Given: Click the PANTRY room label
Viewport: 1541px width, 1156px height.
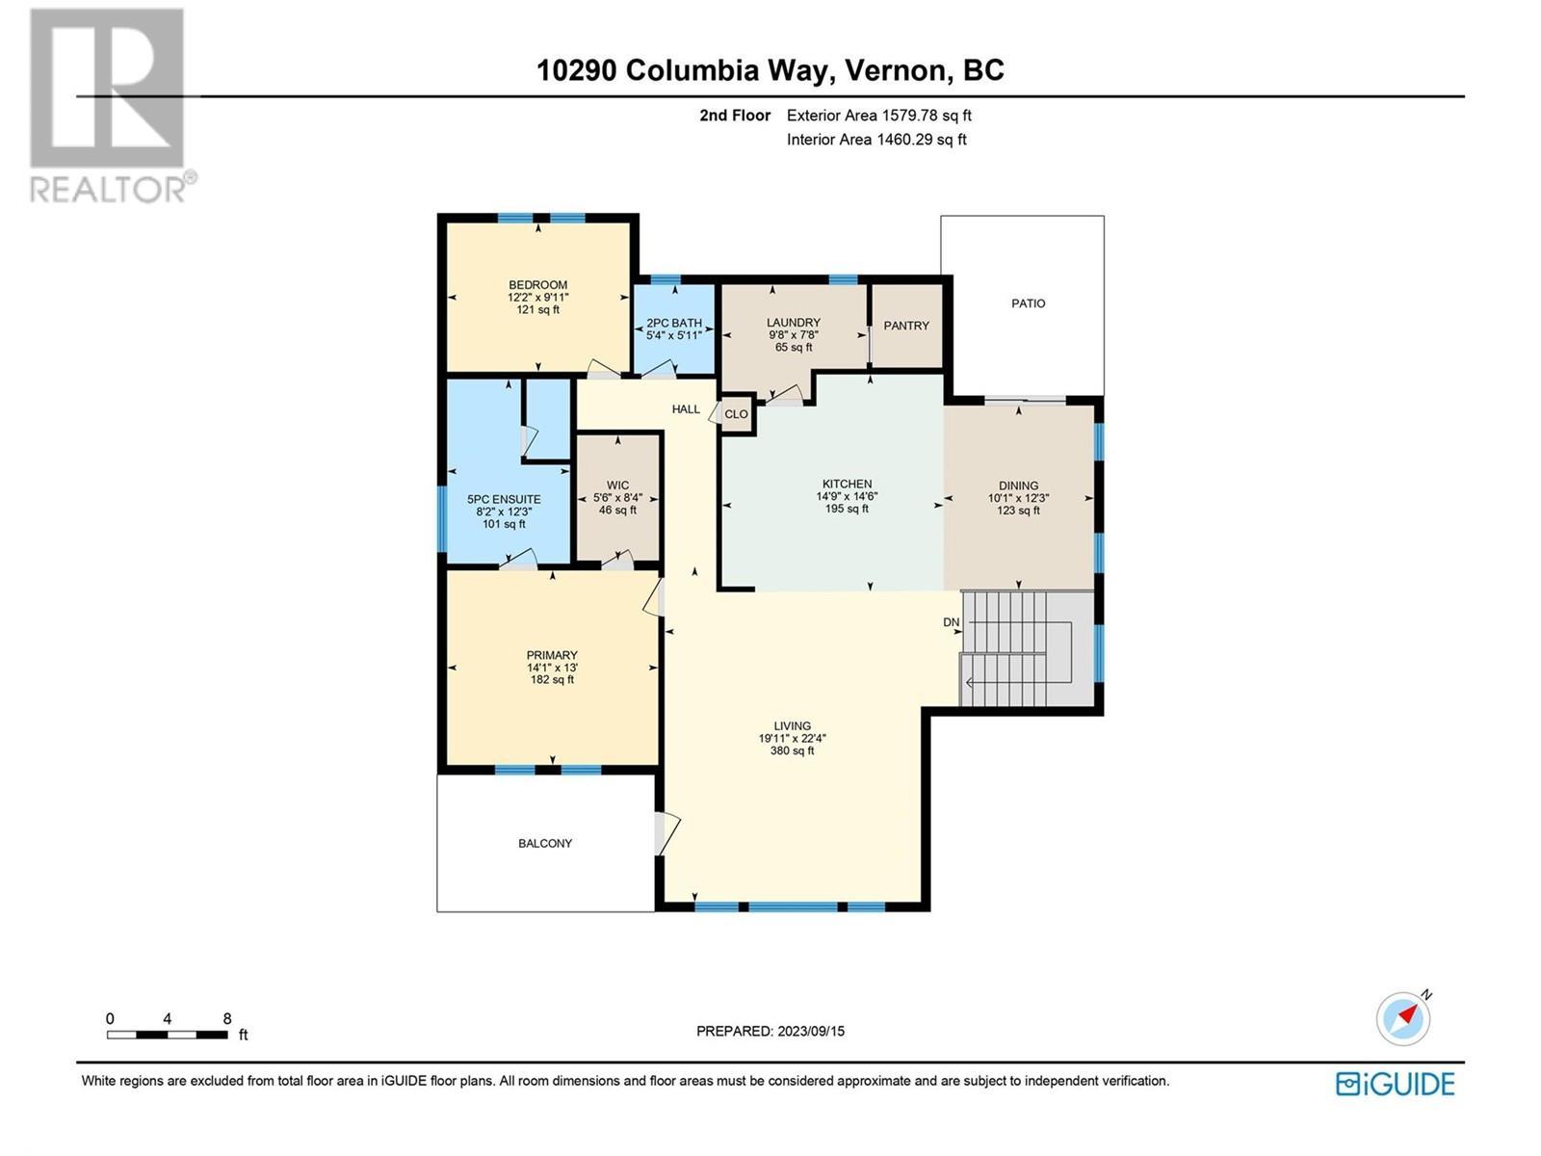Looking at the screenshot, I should (x=906, y=326).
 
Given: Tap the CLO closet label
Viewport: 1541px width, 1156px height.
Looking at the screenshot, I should (x=736, y=414).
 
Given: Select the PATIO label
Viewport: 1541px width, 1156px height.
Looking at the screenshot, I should (x=1028, y=303).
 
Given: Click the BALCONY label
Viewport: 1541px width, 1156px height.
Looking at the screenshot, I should (x=545, y=843).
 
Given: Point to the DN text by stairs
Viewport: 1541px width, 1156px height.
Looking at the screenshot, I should (x=951, y=622).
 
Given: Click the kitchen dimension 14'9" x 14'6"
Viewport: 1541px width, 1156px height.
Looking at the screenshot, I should (x=847, y=496).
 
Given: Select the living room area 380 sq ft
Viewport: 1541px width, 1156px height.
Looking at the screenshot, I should (x=792, y=750).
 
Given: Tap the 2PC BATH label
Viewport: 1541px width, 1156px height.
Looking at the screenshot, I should (x=674, y=323).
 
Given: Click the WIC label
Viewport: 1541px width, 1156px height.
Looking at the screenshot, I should (x=617, y=486).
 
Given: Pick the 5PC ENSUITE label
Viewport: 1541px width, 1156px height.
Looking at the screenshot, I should (x=504, y=499).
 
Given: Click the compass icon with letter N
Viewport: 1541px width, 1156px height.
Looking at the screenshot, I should (x=1403, y=1018).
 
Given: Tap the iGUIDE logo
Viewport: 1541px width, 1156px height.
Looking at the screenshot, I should (x=1395, y=1084).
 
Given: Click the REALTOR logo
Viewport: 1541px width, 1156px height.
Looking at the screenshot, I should (x=108, y=106).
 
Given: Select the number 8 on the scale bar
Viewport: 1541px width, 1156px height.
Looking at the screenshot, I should (x=227, y=1018).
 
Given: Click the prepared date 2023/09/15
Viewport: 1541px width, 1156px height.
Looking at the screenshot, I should (x=809, y=1031).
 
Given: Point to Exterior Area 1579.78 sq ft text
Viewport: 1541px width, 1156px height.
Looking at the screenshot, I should (x=878, y=116).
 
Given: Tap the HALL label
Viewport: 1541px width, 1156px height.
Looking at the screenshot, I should (x=686, y=409).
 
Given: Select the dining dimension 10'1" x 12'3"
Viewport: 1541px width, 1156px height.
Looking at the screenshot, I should (x=1018, y=498).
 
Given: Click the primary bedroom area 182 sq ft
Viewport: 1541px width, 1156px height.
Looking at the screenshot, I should (x=552, y=679).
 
